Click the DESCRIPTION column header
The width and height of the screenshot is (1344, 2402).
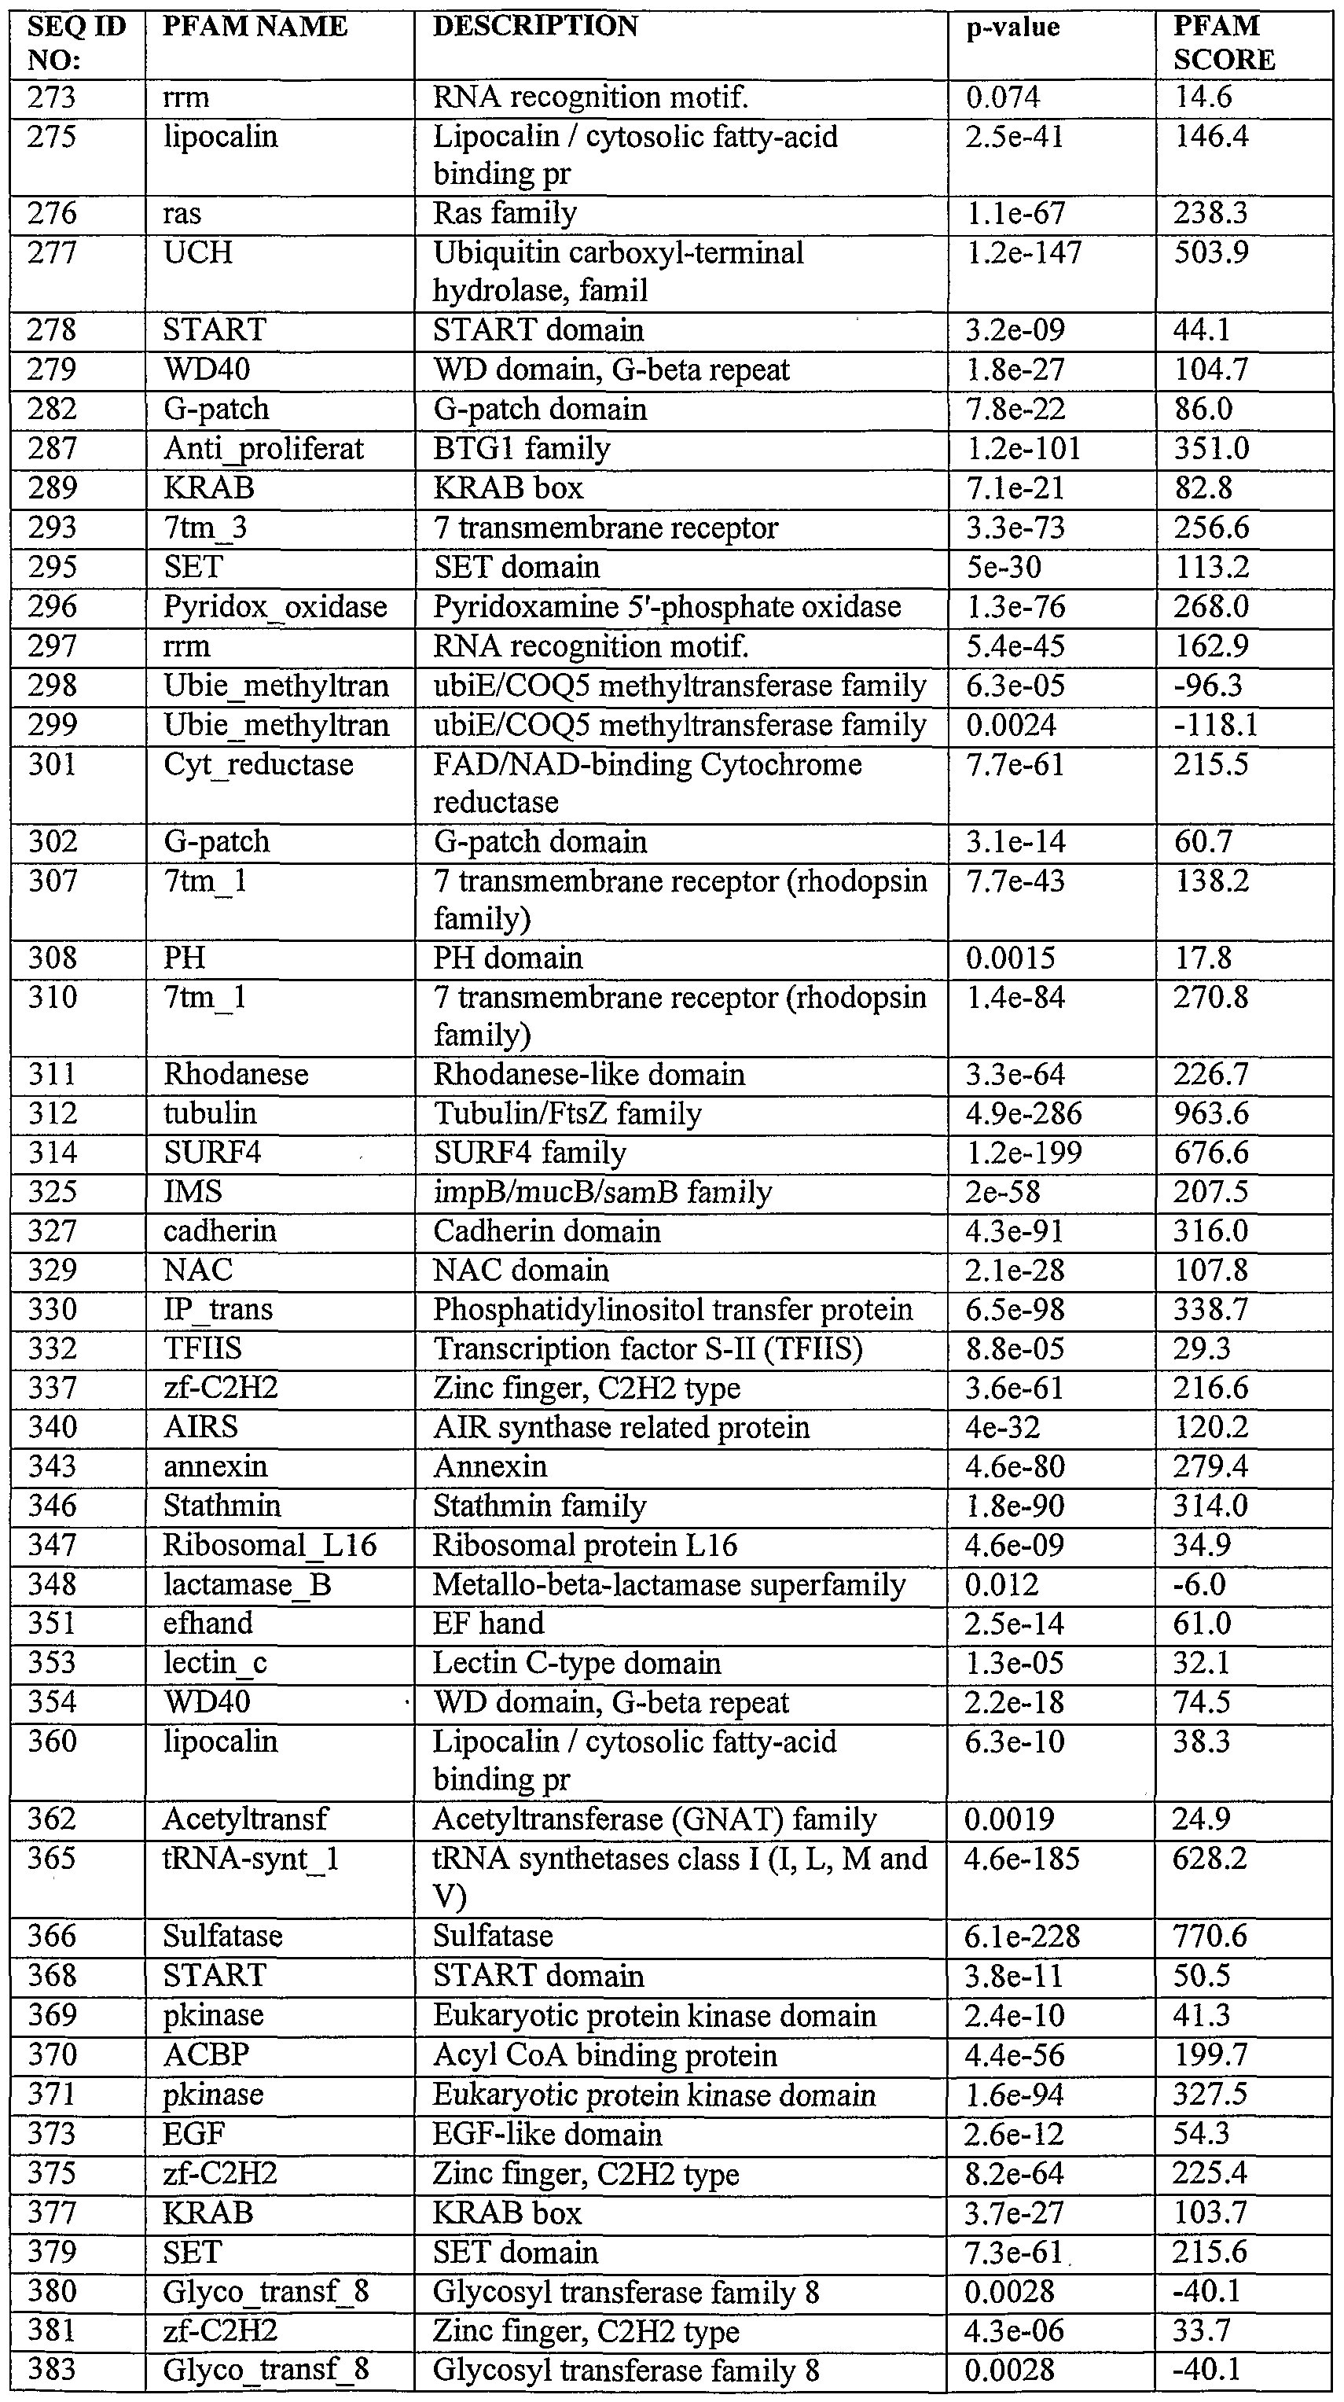click(x=535, y=27)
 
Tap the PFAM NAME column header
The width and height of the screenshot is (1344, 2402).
click(x=255, y=27)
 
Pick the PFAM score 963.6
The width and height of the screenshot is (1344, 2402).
click(x=1210, y=1113)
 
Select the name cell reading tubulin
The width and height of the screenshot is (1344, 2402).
click(x=210, y=1113)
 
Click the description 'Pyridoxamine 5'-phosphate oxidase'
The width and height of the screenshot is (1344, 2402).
click(x=666, y=607)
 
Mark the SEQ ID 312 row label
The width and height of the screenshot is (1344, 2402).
click(x=51, y=1113)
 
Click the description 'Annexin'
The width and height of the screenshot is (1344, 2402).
click(x=490, y=1466)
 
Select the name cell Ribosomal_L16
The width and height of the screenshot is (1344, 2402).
click(x=270, y=1545)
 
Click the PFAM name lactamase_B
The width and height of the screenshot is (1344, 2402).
click(x=247, y=1585)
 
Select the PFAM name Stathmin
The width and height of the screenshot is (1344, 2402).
click(x=222, y=1506)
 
